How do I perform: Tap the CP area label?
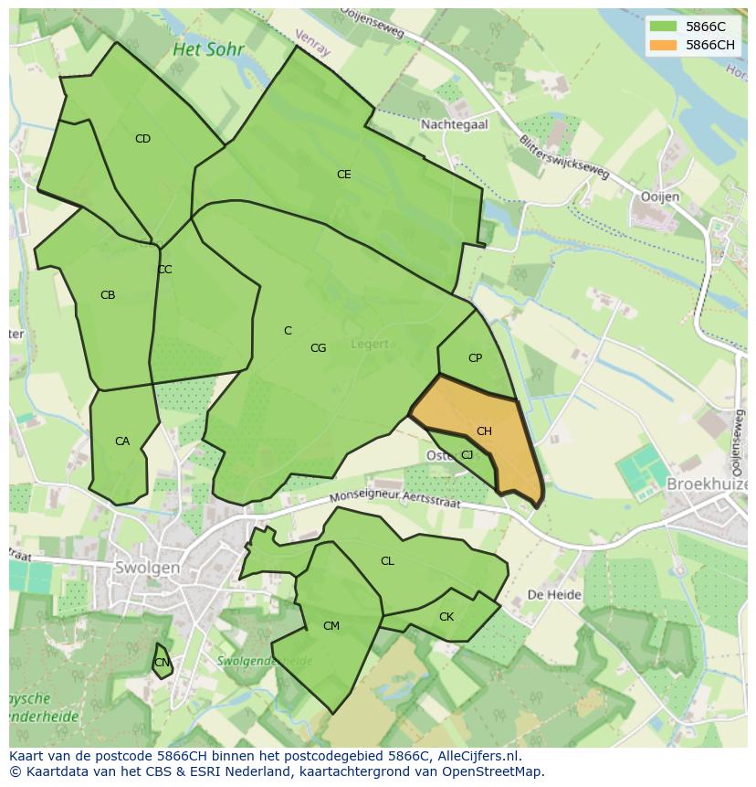pos(475,358)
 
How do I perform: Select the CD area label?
pos(142,139)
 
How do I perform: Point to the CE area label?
pos(343,175)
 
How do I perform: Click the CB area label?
pos(108,295)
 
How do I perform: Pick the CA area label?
pos(122,441)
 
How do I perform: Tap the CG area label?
pos(318,348)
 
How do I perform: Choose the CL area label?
pos(387,561)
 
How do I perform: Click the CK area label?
pos(446,617)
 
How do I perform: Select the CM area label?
pos(331,626)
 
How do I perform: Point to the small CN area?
pos(162,663)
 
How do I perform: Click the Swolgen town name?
pos(148,568)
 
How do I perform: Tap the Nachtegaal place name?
pos(454,124)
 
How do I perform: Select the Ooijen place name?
pos(660,197)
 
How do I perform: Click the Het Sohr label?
pos(208,49)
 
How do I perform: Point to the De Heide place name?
pos(554,594)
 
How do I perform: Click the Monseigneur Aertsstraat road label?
pos(396,499)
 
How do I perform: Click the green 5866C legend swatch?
pos(663,27)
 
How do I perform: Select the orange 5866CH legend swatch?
pos(663,45)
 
